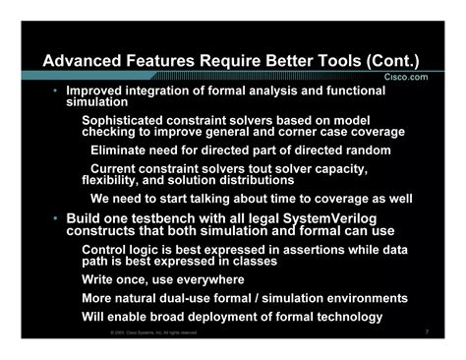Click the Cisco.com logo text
pos(404,76)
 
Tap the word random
pos(367,150)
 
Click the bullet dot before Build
pos(55,217)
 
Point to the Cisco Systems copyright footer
pos(153,333)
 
